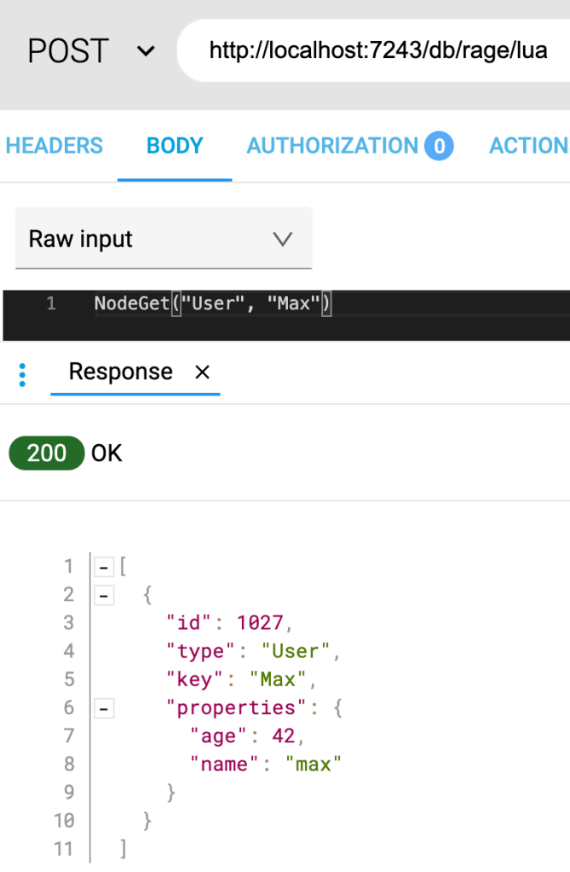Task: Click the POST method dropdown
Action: tap(90, 51)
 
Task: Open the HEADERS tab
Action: tap(55, 146)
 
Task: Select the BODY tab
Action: tap(175, 146)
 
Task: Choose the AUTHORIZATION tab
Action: tap(332, 146)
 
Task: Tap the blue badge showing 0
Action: tap(440, 147)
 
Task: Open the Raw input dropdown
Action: tap(163, 239)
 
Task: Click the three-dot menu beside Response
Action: tap(22, 372)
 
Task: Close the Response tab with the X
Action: tap(202, 372)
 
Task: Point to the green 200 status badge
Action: tap(47, 453)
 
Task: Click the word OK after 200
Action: tap(107, 453)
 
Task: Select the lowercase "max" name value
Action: tap(313, 764)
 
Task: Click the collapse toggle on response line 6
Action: tap(104, 707)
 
